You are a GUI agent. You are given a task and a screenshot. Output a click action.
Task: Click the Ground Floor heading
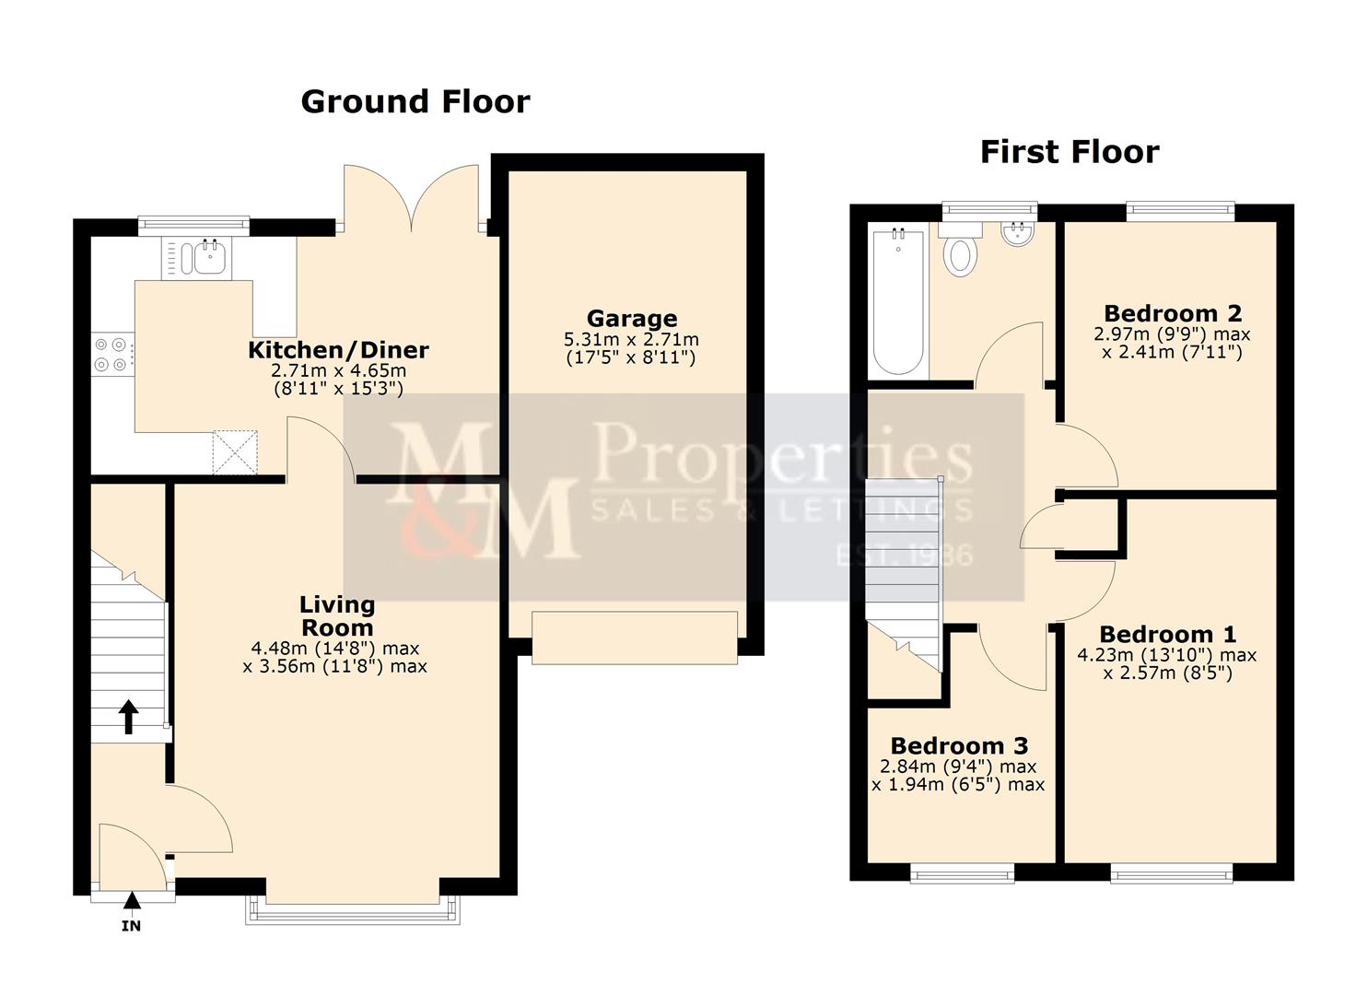[415, 101]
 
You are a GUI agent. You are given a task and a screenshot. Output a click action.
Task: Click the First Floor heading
[1069, 152]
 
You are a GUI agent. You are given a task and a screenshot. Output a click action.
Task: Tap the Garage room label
[632, 319]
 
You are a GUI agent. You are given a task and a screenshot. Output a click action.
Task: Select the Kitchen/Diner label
[338, 350]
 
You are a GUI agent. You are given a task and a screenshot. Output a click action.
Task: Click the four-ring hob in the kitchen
[111, 354]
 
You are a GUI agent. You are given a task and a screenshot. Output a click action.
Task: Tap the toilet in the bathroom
[960, 254]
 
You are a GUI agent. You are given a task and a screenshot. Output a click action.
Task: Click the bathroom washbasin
[1017, 234]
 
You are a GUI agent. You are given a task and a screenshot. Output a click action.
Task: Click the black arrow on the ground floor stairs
[128, 716]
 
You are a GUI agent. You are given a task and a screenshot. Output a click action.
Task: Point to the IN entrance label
[132, 925]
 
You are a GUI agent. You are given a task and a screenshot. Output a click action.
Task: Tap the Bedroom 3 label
[959, 745]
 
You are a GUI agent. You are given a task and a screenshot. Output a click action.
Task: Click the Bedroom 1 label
[1167, 635]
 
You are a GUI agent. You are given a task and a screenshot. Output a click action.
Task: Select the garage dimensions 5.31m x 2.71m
[632, 340]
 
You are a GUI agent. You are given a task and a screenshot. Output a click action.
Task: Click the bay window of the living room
[352, 910]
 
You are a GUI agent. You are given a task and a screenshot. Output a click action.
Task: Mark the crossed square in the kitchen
[236, 452]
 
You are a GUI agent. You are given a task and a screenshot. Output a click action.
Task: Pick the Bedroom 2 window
[1180, 211]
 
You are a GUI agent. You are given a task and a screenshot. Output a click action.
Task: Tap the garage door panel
[635, 638]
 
